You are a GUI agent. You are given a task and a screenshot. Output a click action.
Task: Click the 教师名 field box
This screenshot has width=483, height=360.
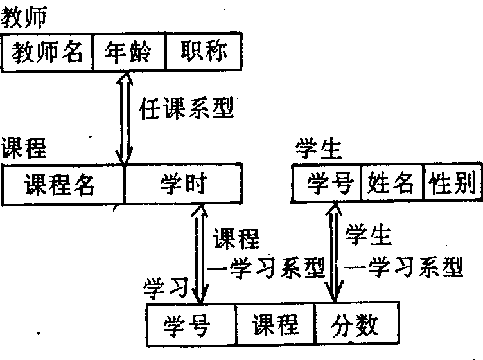(48, 53)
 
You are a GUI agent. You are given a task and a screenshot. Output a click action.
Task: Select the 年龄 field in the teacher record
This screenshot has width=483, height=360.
(128, 53)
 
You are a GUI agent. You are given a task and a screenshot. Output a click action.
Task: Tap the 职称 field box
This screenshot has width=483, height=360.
(204, 53)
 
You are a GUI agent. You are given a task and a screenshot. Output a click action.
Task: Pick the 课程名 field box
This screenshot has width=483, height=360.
(63, 185)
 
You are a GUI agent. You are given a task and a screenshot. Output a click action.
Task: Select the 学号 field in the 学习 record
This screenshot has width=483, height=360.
(191, 324)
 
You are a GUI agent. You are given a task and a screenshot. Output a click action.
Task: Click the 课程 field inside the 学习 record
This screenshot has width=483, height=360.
(275, 324)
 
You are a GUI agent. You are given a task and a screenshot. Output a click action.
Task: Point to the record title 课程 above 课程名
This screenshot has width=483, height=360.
(24, 148)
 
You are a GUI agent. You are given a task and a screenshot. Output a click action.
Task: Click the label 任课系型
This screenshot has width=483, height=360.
(186, 107)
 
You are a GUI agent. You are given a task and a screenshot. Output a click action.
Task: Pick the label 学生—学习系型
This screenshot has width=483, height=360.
(401, 252)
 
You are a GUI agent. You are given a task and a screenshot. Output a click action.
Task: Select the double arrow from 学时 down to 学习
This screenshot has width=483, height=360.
(200, 252)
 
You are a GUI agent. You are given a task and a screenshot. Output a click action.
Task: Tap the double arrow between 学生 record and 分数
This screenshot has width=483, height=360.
(334, 252)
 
